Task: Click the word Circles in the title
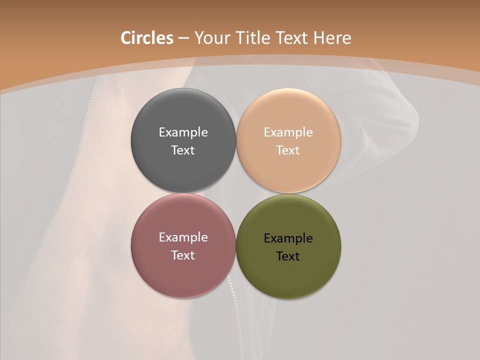tap(147, 38)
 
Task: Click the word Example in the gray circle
tap(183, 132)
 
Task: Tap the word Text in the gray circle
tap(183, 150)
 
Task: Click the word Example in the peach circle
tap(288, 132)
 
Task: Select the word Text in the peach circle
tap(288, 150)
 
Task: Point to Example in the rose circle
tap(183, 237)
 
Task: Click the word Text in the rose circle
tap(183, 255)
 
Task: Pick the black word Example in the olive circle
tap(288, 238)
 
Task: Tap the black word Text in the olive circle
tap(288, 256)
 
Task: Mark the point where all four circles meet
tap(235, 193)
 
